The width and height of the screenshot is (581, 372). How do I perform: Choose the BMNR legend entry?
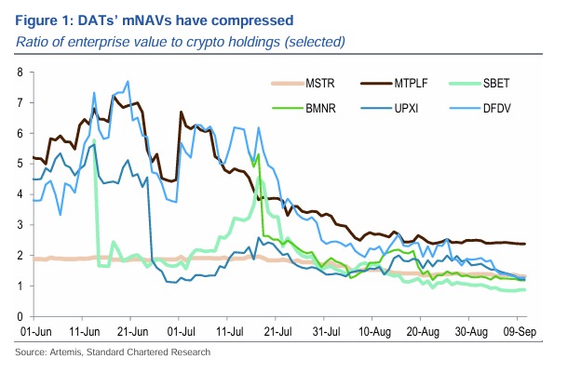(318, 108)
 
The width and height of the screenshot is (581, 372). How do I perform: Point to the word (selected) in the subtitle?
(315, 41)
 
